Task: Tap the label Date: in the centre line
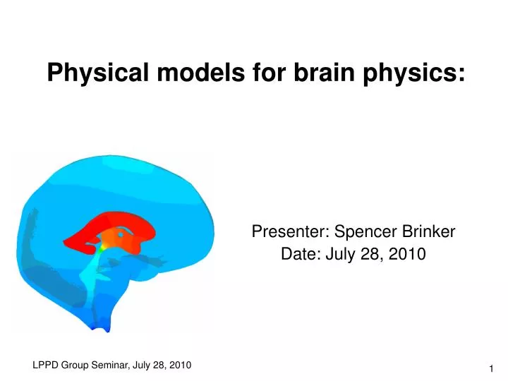pos(298,254)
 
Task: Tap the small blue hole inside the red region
pos(121,233)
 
